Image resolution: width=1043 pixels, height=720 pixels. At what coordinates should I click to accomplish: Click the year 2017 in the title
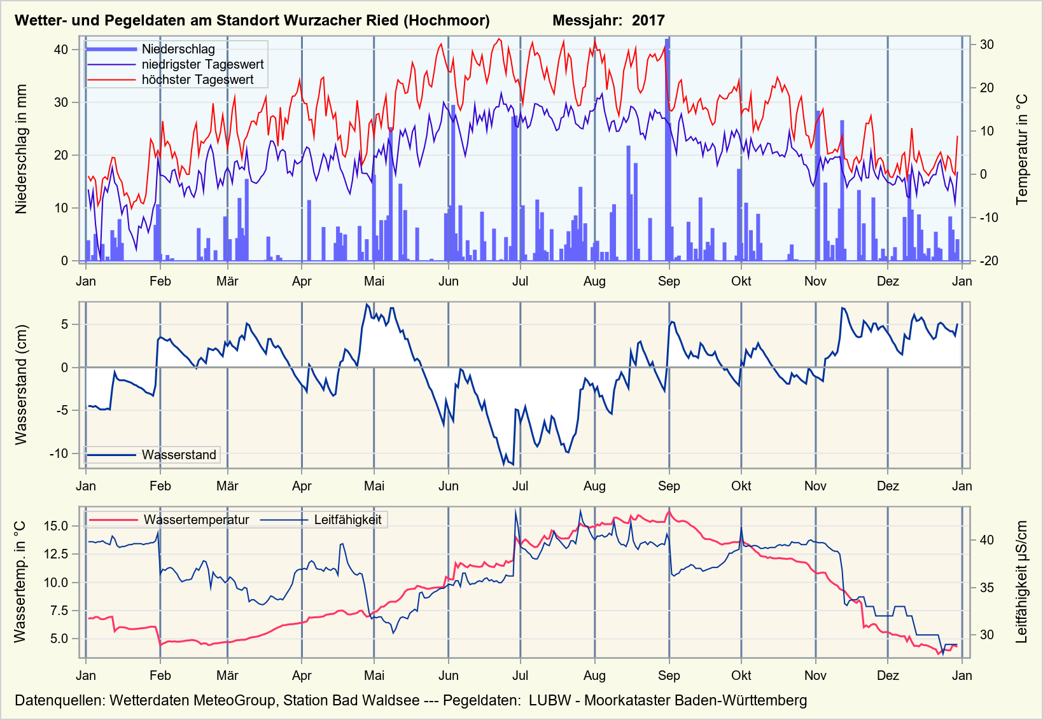[x=648, y=20]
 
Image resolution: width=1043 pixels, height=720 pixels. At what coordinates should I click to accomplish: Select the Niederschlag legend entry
[x=178, y=49]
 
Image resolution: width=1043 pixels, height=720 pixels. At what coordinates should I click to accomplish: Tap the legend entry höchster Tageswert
[x=197, y=80]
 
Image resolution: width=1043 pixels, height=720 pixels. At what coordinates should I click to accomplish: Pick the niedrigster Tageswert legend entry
[x=202, y=64]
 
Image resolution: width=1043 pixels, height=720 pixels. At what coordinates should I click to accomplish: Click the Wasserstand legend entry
[x=179, y=455]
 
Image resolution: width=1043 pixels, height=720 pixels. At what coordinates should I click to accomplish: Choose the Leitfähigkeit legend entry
[x=347, y=520]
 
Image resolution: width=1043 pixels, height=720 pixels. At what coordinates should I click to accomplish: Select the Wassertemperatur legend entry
[x=196, y=520]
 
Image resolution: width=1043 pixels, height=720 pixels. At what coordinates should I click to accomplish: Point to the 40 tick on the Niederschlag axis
[x=61, y=50]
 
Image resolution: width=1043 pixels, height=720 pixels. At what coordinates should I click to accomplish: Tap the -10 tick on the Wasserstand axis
[x=59, y=453]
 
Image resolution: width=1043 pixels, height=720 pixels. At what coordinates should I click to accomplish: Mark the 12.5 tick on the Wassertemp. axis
[x=56, y=554]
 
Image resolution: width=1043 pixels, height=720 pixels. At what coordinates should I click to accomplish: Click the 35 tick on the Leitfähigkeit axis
[x=986, y=587]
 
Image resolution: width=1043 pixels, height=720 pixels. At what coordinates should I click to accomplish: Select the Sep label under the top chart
[x=669, y=281]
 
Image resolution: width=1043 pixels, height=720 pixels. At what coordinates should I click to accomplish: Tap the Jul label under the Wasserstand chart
[x=520, y=486]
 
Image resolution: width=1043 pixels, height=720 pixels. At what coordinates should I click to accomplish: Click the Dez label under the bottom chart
[x=888, y=675]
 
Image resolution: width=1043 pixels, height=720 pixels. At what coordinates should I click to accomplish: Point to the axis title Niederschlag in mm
[x=22, y=149]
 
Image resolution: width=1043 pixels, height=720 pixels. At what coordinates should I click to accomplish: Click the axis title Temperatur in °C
[x=1022, y=149]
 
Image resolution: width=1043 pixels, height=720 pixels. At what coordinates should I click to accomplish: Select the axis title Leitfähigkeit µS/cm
[x=1022, y=582]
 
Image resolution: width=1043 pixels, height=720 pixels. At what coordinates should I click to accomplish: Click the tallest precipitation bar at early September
[x=667, y=149]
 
